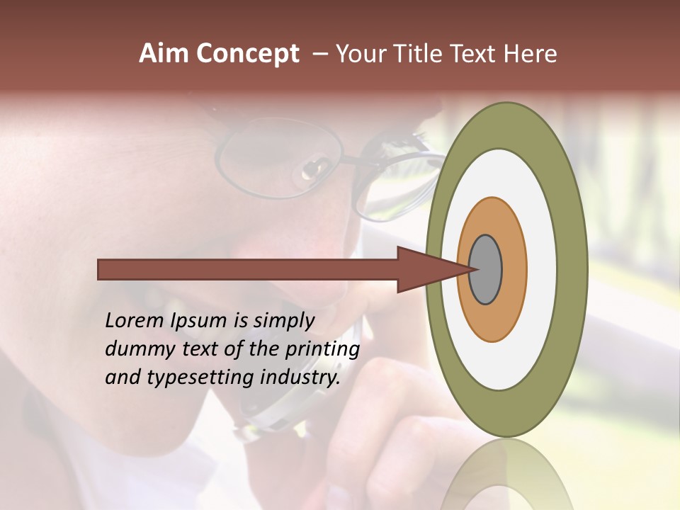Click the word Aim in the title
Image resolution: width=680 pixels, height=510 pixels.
164,54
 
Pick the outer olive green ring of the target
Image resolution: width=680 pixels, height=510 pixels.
572,270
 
